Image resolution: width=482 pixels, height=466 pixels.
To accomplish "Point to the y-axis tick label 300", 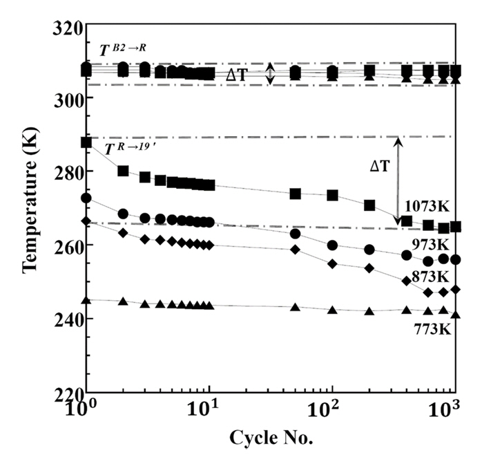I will click(67, 97).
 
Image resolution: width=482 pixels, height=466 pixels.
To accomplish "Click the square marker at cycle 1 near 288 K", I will click(86, 142).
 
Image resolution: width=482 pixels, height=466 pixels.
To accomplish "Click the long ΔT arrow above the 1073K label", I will click(398, 180).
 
